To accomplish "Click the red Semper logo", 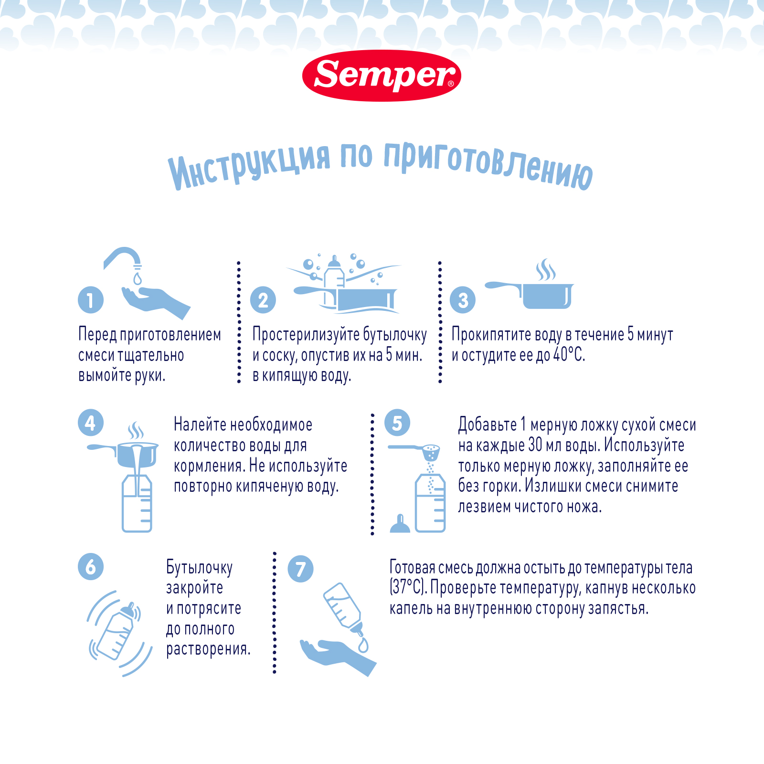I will (x=382, y=76).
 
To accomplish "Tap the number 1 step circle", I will (x=91, y=300).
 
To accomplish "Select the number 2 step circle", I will (x=263, y=300).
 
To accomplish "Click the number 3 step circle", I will (x=463, y=300).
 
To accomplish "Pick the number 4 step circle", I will (x=91, y=423).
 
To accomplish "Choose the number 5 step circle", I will (x=397, y=423).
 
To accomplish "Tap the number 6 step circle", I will (x=91, y=567).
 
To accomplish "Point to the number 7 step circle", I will (x=300, y=569).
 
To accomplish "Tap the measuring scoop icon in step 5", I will (x=420, y=450).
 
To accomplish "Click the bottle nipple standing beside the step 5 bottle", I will (x=400, y=524).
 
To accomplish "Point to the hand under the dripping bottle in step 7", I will (x=334, y=654).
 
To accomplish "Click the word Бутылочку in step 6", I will (x=199, y=567).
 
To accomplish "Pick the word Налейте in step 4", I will (x=200, y=424).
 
